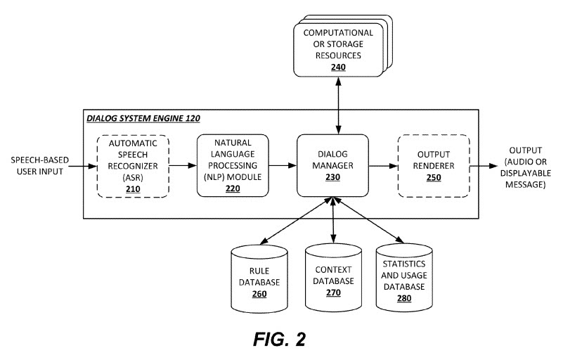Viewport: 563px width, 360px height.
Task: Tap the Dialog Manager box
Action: pos(332,166)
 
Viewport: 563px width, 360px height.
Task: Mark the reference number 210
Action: pos(133,189)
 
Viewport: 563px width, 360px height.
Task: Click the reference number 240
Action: pos(339,67)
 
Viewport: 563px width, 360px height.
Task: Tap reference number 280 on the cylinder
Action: pos(403,298)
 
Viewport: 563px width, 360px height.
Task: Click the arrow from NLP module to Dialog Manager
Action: pos(283,166)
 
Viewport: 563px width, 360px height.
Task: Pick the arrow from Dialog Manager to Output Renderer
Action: pos(383,166)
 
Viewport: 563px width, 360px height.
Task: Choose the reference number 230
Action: pos(332,179)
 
